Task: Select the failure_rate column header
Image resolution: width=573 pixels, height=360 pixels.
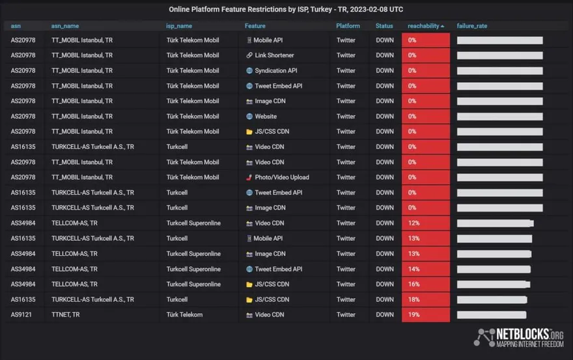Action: coord(472,26)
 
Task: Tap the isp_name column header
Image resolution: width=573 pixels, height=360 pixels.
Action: coord(179,26)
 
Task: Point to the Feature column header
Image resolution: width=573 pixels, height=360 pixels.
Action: coord(255,26)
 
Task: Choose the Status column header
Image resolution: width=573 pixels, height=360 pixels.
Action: coord(384,26)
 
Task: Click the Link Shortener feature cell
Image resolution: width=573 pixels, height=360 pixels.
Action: coord(274,55)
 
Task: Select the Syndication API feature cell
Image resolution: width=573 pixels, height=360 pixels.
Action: coord(275,71)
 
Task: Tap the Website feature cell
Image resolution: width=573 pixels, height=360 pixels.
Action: coord(266,117)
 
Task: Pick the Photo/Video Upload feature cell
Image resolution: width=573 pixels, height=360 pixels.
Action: coord(281,177)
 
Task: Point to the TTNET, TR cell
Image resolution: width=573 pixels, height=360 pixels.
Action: coord(66,314)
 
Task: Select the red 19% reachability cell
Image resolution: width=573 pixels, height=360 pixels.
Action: coord(425,314)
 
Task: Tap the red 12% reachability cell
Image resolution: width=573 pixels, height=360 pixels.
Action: coord(425,223)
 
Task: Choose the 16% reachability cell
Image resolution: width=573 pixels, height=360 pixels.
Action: coord(425,284)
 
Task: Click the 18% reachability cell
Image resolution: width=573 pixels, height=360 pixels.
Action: coord(425,299)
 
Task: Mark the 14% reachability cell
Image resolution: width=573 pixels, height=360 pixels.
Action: coord(425,269)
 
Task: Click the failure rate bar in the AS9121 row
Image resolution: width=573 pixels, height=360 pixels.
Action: coord(492,315)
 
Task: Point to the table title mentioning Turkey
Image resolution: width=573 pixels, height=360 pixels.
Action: coord(286,9)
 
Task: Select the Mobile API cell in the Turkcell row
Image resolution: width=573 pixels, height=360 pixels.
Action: coord(268,238)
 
